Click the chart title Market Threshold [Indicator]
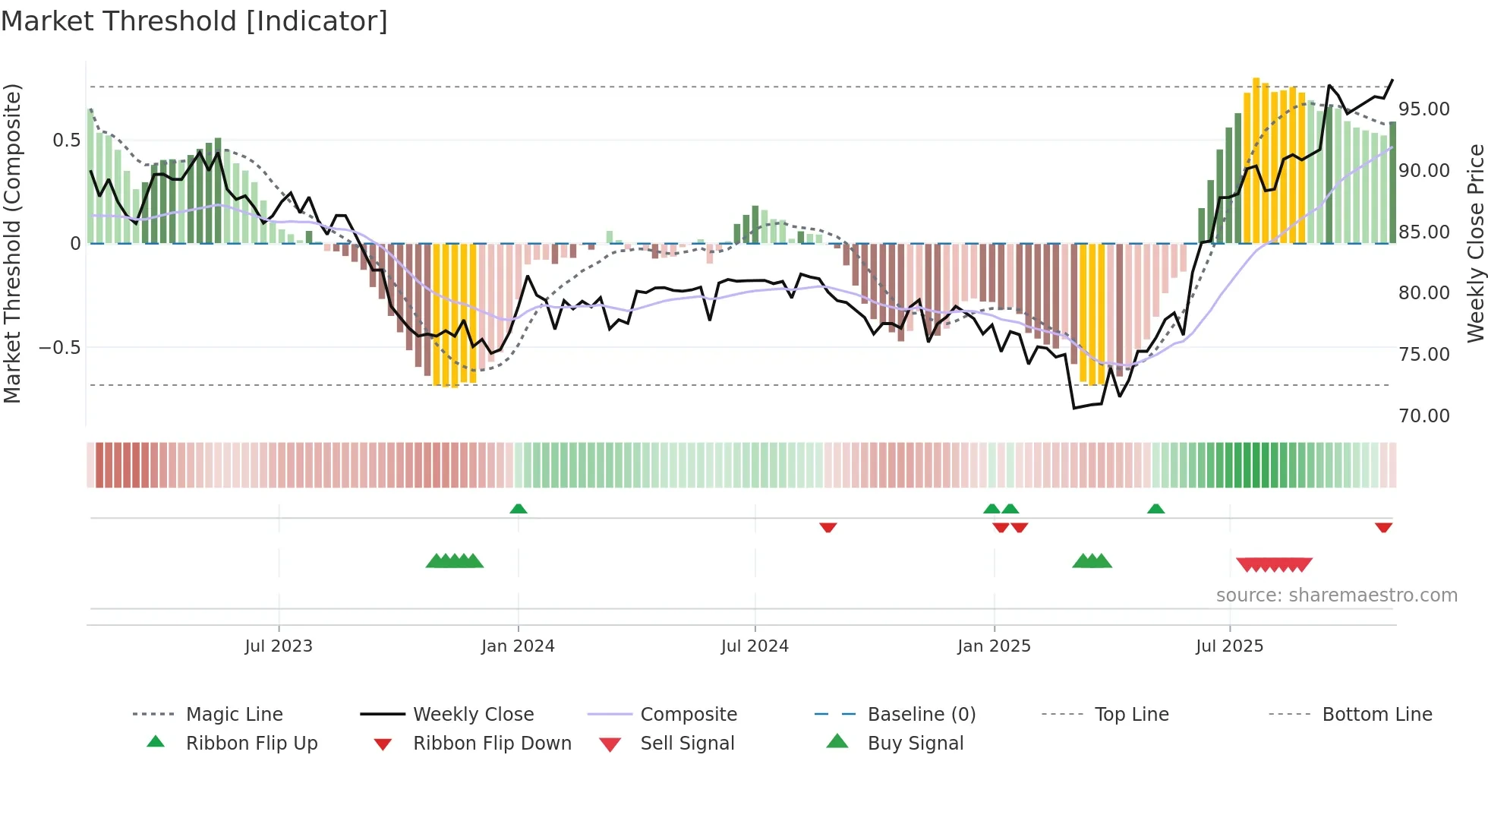coord(194,21)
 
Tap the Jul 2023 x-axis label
coord(279,646)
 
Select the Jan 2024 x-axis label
coord(518,646)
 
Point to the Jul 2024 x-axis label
coord(755,646)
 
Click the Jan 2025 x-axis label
coord(994,646)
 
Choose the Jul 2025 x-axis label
coord(1229,646)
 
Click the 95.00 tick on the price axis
coord(1424,109)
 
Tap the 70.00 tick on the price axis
coord(1424,416)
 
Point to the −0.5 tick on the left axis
coord(60,348)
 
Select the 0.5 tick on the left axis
coord(66,141)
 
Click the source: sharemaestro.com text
coord(1336,595)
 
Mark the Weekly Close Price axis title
coord(1475,243)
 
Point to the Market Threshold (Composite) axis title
coord(12,243)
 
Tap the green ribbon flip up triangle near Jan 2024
coord(519,509)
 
